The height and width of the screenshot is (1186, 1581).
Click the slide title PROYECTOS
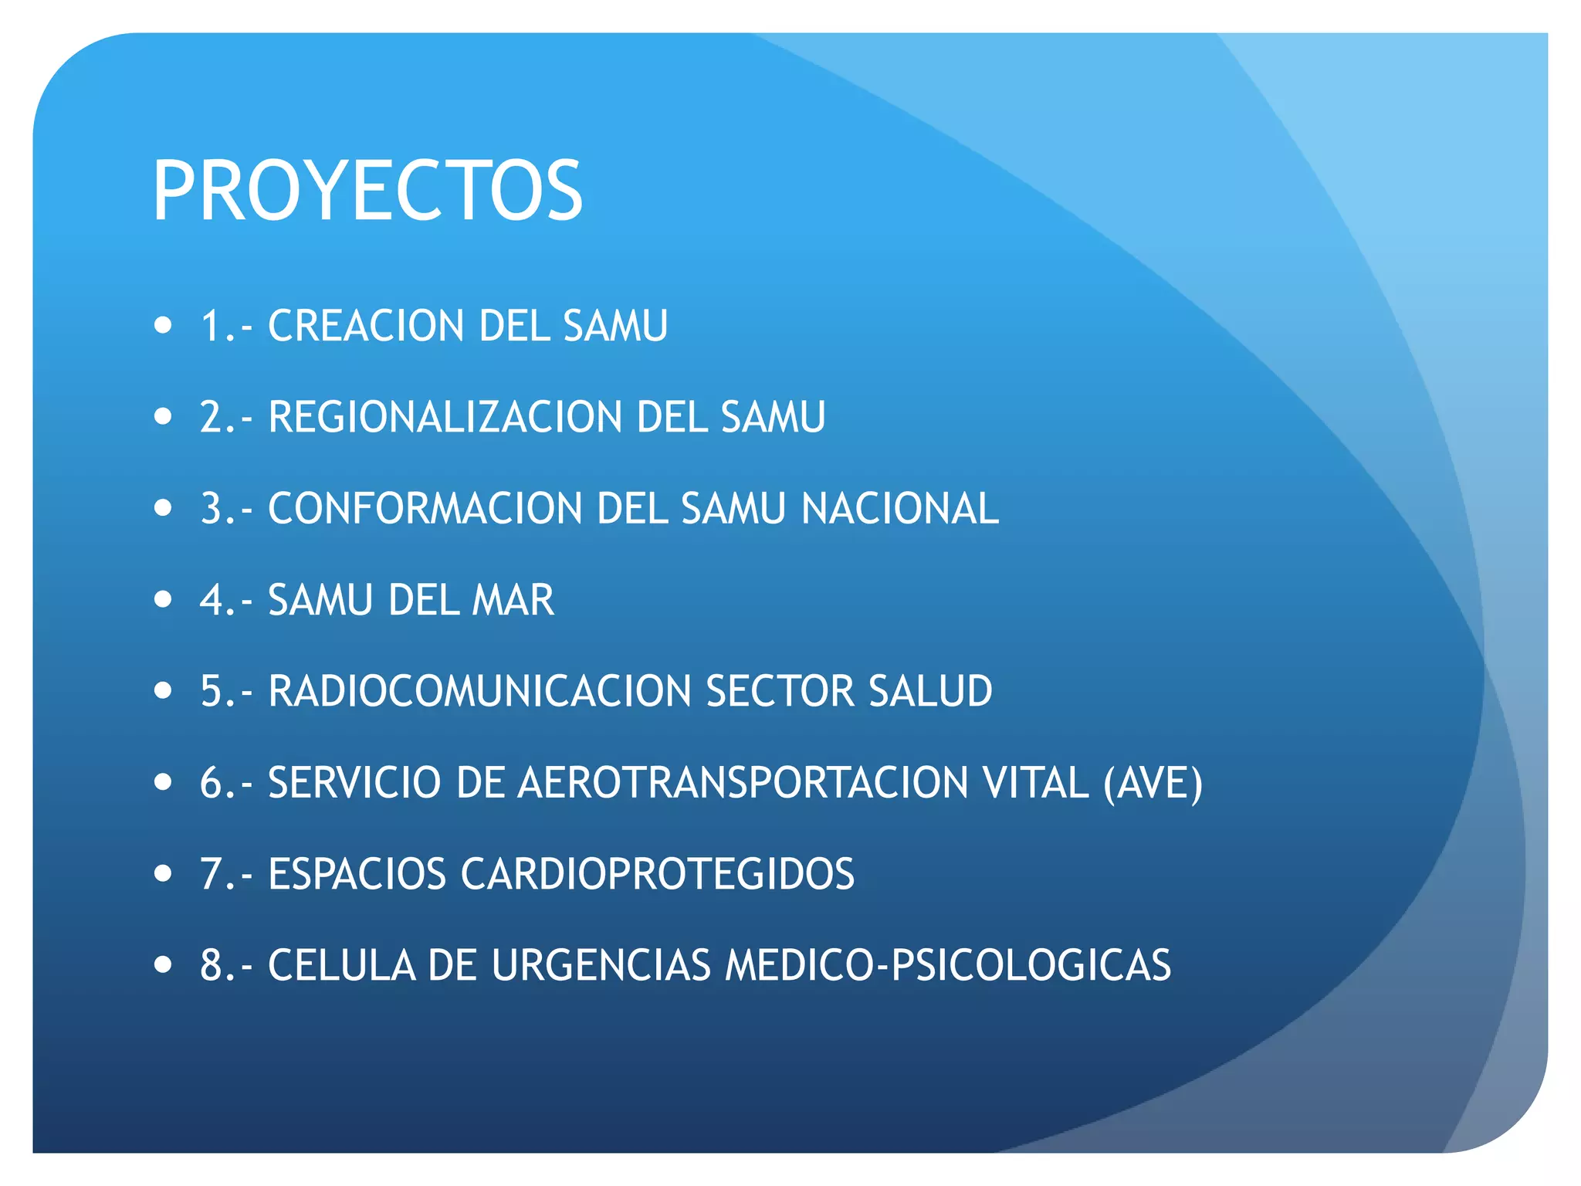[367, 191]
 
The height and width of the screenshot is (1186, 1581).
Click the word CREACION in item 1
[363, 326]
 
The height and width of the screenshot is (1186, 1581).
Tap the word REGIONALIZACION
[445, 417]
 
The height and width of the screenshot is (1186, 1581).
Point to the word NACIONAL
[899, 509]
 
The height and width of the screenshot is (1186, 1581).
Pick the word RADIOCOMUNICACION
[479, 691]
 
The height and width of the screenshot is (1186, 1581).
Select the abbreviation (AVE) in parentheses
[1153, 784]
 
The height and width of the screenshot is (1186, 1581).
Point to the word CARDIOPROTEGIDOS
[658, 874]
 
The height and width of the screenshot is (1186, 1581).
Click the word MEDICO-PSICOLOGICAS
[947, 965]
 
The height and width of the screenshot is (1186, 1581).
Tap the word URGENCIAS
[601, 965]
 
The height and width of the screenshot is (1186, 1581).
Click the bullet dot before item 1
[163, 325]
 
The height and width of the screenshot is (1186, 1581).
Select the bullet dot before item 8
[163, 964]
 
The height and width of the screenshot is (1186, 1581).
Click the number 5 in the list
[211, 691]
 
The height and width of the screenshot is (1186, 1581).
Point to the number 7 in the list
[211, 874]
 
